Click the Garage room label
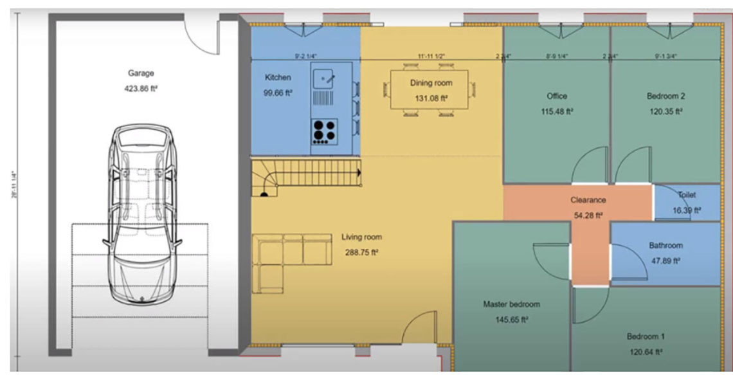point(141,73)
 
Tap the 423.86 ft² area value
point(141,89)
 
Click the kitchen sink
point(325,79)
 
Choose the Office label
point(557,96)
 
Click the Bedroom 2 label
point(665,96)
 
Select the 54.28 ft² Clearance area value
point(588,215)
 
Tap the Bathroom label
point(665,245)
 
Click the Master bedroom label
point(511,304)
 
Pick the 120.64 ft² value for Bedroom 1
point(646,352)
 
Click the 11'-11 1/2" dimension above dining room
point(431,57)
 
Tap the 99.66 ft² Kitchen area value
point(278,93)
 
